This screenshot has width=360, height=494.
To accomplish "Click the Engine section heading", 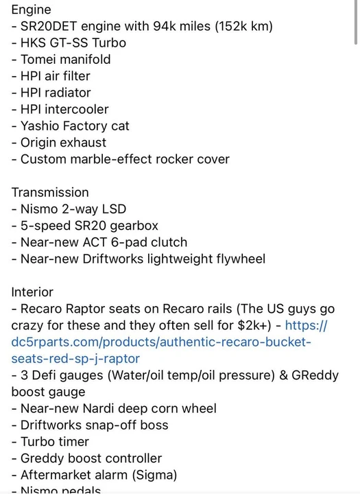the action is pos(31,10).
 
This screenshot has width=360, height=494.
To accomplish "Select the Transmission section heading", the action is pos(50,193).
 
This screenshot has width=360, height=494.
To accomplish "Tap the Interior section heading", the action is pos(32,292).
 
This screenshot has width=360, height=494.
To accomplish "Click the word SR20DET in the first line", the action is pos(49,26).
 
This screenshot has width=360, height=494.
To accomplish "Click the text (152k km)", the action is pos(244,26).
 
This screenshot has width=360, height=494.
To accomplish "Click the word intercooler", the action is pos(77,109).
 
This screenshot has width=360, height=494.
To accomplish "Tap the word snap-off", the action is pos(110,425).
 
